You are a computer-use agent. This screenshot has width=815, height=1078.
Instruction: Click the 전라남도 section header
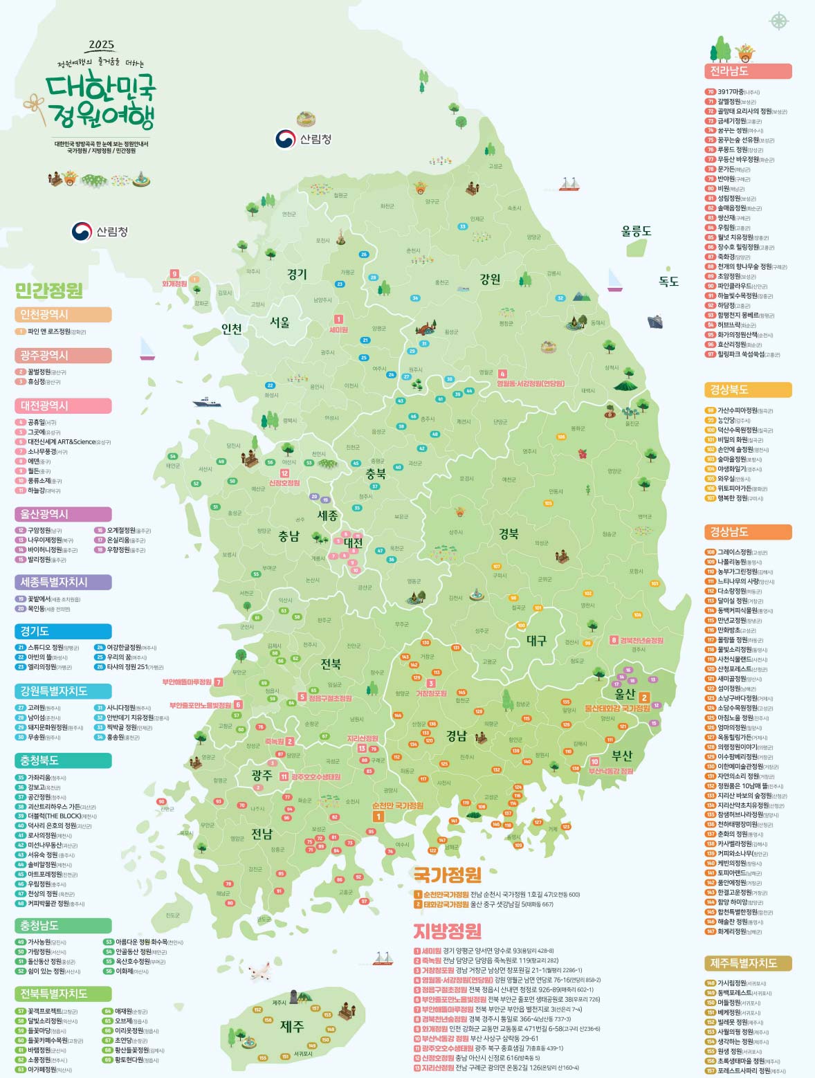click(747, 71)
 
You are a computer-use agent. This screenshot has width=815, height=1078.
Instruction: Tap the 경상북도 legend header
click(747, 390)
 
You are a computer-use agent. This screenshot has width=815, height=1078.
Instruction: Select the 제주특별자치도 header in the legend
click(747, 963)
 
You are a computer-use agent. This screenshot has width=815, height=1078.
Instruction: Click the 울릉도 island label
click(636, 231)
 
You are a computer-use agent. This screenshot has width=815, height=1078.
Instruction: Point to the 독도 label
click(668, 281)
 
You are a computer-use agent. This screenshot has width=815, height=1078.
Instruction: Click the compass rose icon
click(779, 20)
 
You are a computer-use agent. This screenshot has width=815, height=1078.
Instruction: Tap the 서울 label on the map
click(280, 322)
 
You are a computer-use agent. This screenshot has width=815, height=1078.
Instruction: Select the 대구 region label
click(536, 640)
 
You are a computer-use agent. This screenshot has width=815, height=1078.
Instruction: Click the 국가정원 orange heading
click(446, 875)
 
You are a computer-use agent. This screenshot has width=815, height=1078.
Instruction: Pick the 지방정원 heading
click(446, 931)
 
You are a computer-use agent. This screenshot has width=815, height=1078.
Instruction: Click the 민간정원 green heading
click(48, 290)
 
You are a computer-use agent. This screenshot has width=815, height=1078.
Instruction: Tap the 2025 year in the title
click(101, 45)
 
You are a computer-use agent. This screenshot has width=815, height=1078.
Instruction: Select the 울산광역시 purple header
click(62, 514)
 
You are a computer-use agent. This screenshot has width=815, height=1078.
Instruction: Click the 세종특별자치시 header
click(62, 582)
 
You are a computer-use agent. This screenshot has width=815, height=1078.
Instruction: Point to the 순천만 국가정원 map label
click(397, 805)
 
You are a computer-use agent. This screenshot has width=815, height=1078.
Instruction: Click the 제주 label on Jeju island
click(292, 1026)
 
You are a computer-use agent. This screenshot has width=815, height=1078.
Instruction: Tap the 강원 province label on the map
click(490, 279)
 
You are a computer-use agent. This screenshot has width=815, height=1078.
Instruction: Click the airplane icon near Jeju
click(259, 971)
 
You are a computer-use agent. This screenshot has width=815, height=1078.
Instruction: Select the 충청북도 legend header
click(62, 760)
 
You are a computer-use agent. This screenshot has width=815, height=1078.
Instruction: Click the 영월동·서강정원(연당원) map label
click(530, 383)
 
